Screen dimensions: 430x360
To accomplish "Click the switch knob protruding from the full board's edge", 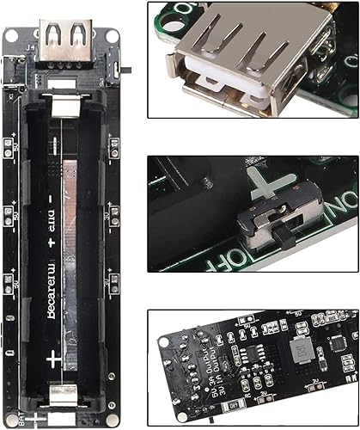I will pos(127,68).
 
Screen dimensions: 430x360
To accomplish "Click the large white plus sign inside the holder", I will pos(54,357).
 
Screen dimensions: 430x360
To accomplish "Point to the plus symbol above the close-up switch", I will pos(265,183).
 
